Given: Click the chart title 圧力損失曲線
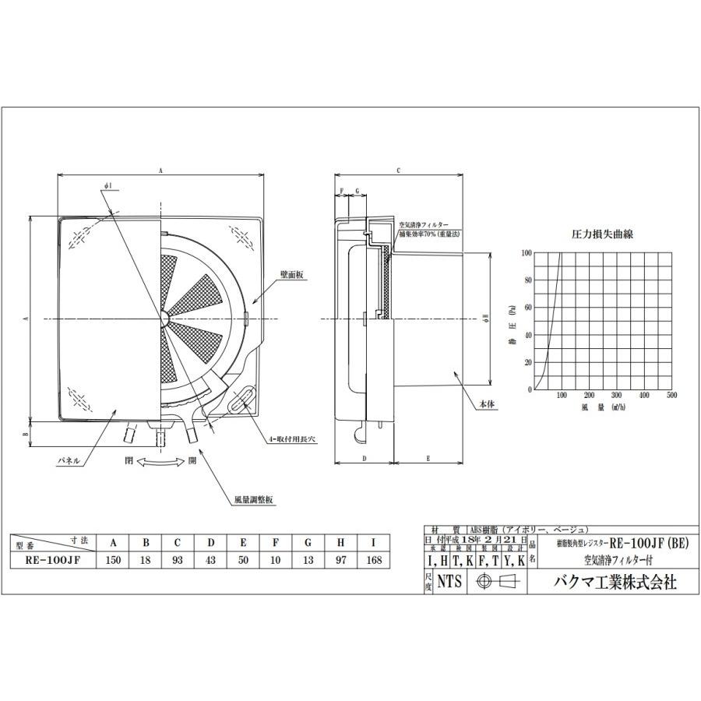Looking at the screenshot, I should click(602, 234).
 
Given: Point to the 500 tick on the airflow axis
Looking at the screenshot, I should click(672, 396).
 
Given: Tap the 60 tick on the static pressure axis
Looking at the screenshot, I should click(527, 307).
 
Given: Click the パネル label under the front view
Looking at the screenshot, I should click(69, 461).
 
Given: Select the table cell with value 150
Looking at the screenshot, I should click(114, 560).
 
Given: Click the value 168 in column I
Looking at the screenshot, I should click(374, 560).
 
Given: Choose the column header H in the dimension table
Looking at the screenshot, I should click(341, 543).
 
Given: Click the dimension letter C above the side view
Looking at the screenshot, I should click(398, 169).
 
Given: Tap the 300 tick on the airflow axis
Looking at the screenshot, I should click(616, 396).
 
